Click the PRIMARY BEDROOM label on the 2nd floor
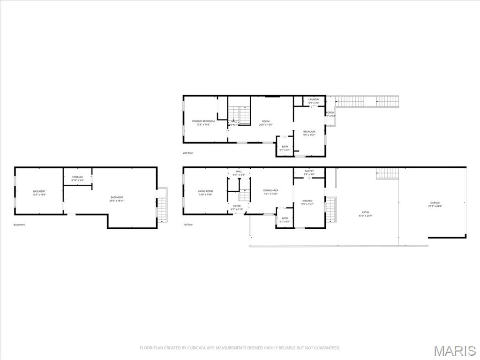[x=203, y=121]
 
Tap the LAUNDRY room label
[x=314, y=99]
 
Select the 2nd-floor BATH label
[x=285, y=147]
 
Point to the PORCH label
[x=330, y=112]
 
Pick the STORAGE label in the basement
[x=77, y=177]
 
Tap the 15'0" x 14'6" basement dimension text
[x=39, y=195]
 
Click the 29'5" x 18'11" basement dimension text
[x=117, y=201]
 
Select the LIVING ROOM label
[x=205, y=191]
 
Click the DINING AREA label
[x=271, y=190]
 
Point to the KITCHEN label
[x=307, y=201]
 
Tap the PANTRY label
[x=309, y=171]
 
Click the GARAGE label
[x=435, y=203]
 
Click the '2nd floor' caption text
[x=188, y=153]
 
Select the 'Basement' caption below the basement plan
[x=19, y=225]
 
